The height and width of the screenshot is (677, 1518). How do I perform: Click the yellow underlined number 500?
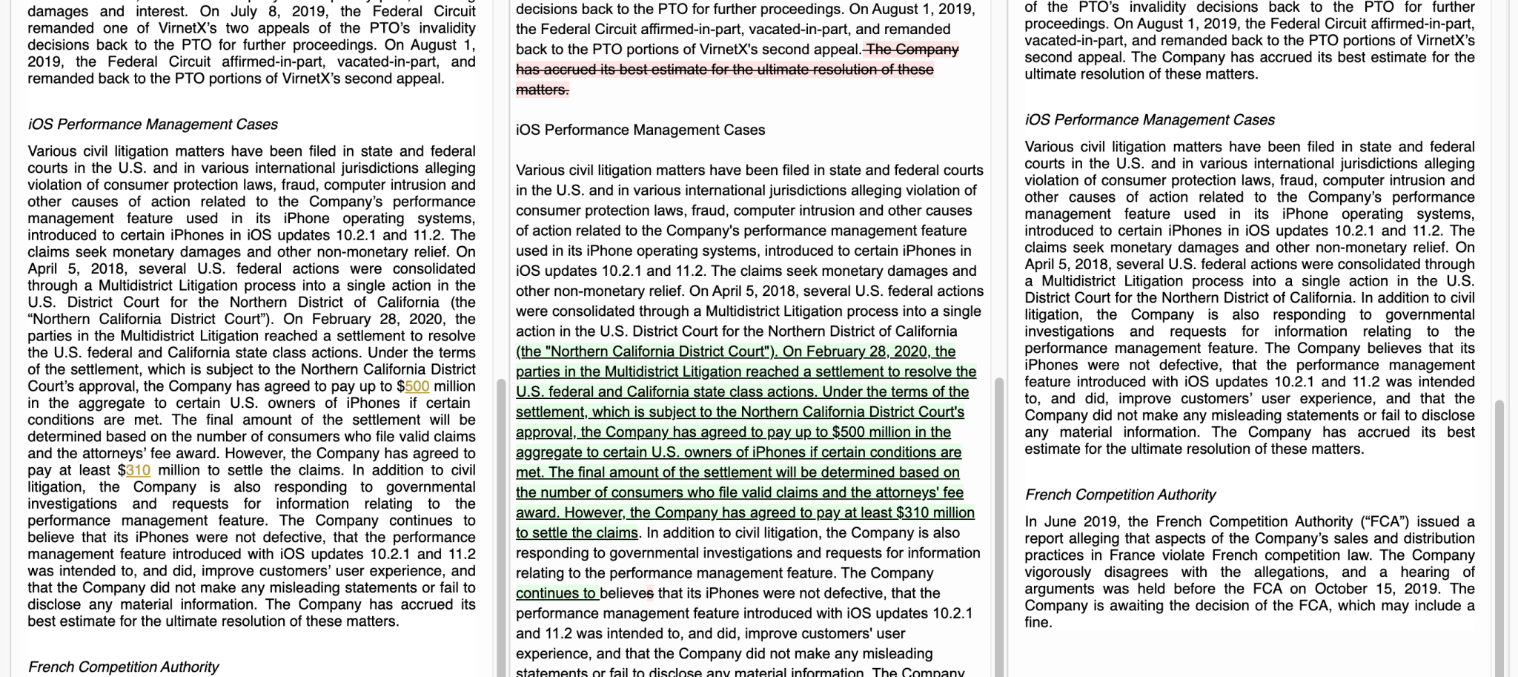pyautogui.click(x=417, y=386)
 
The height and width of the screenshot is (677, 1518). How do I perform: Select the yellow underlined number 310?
pyautogui.click(x=138, y=470)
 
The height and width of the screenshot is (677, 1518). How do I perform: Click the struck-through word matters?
pyautogui.click(x=542, y=90)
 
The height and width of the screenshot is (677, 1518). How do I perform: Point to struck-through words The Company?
pyautogui.click(x=912, y=50)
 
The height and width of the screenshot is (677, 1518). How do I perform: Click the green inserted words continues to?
pyautogui.click(x=557, y=593)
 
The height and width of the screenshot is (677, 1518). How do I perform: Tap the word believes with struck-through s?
pyautogui.click(x=627, y=593)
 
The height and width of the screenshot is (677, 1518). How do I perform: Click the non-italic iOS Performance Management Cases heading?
pyautogui.click(x=640, y=130)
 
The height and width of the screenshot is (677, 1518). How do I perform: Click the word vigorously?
pyautogui.click(x=1058, y=572)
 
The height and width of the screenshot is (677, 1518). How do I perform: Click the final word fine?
pyautogui.click(x=1038, y=623)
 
